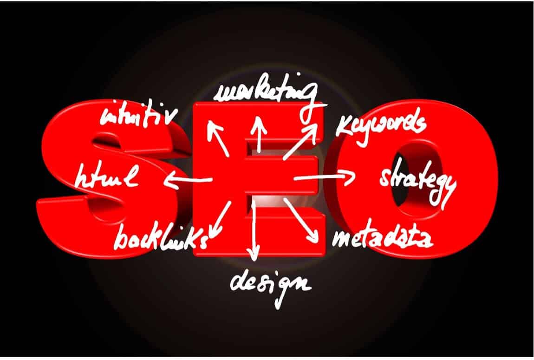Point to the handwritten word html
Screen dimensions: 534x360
pos(107,176)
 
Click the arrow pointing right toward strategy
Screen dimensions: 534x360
pos(324,177)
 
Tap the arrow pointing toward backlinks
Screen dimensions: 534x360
pos(219,220)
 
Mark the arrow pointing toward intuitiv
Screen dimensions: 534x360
pos(218,138)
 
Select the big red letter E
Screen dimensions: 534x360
pos(259,179)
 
